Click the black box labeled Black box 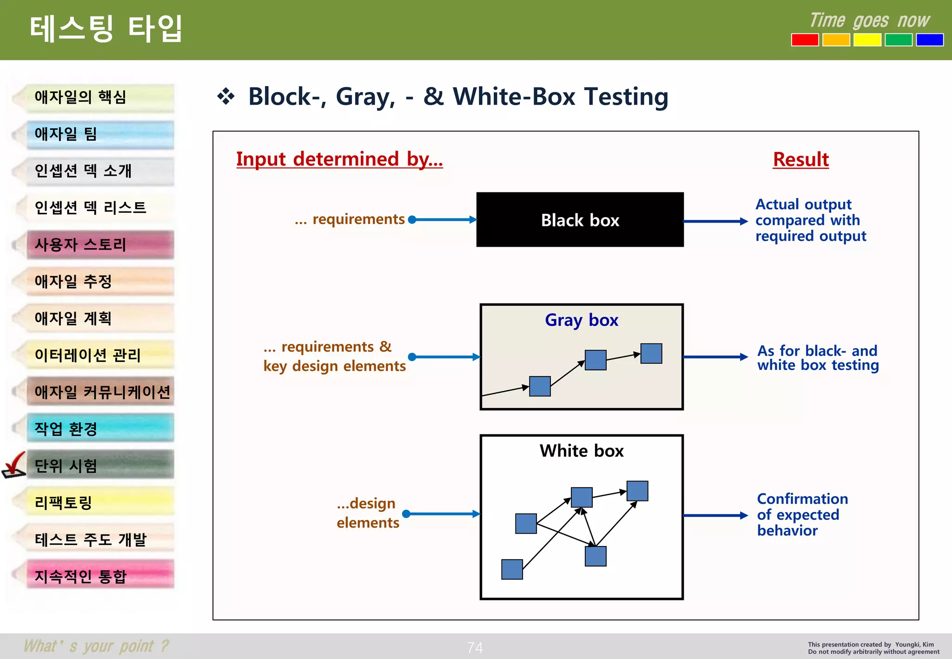click(x=580, y=219)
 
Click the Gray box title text click(x=581, y=320)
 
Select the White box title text click(x=581, y=451)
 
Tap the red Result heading click(x=800, y=159)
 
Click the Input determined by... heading click(x=339, y=159)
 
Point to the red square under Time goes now click(x=805, y=40)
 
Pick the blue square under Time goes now click(x=929, y=40)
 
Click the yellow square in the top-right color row click(x=867, y=40)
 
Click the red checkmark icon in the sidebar click(x=14, y=465)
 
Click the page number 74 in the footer click(x=475, y=647)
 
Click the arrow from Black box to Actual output click(x=715, y=222)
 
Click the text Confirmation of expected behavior click(x=802, y=514)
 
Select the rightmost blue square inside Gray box click(x=651, y=354)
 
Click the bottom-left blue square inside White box click(x=512, y=569)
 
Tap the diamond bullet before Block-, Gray click(x=226, y=97)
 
